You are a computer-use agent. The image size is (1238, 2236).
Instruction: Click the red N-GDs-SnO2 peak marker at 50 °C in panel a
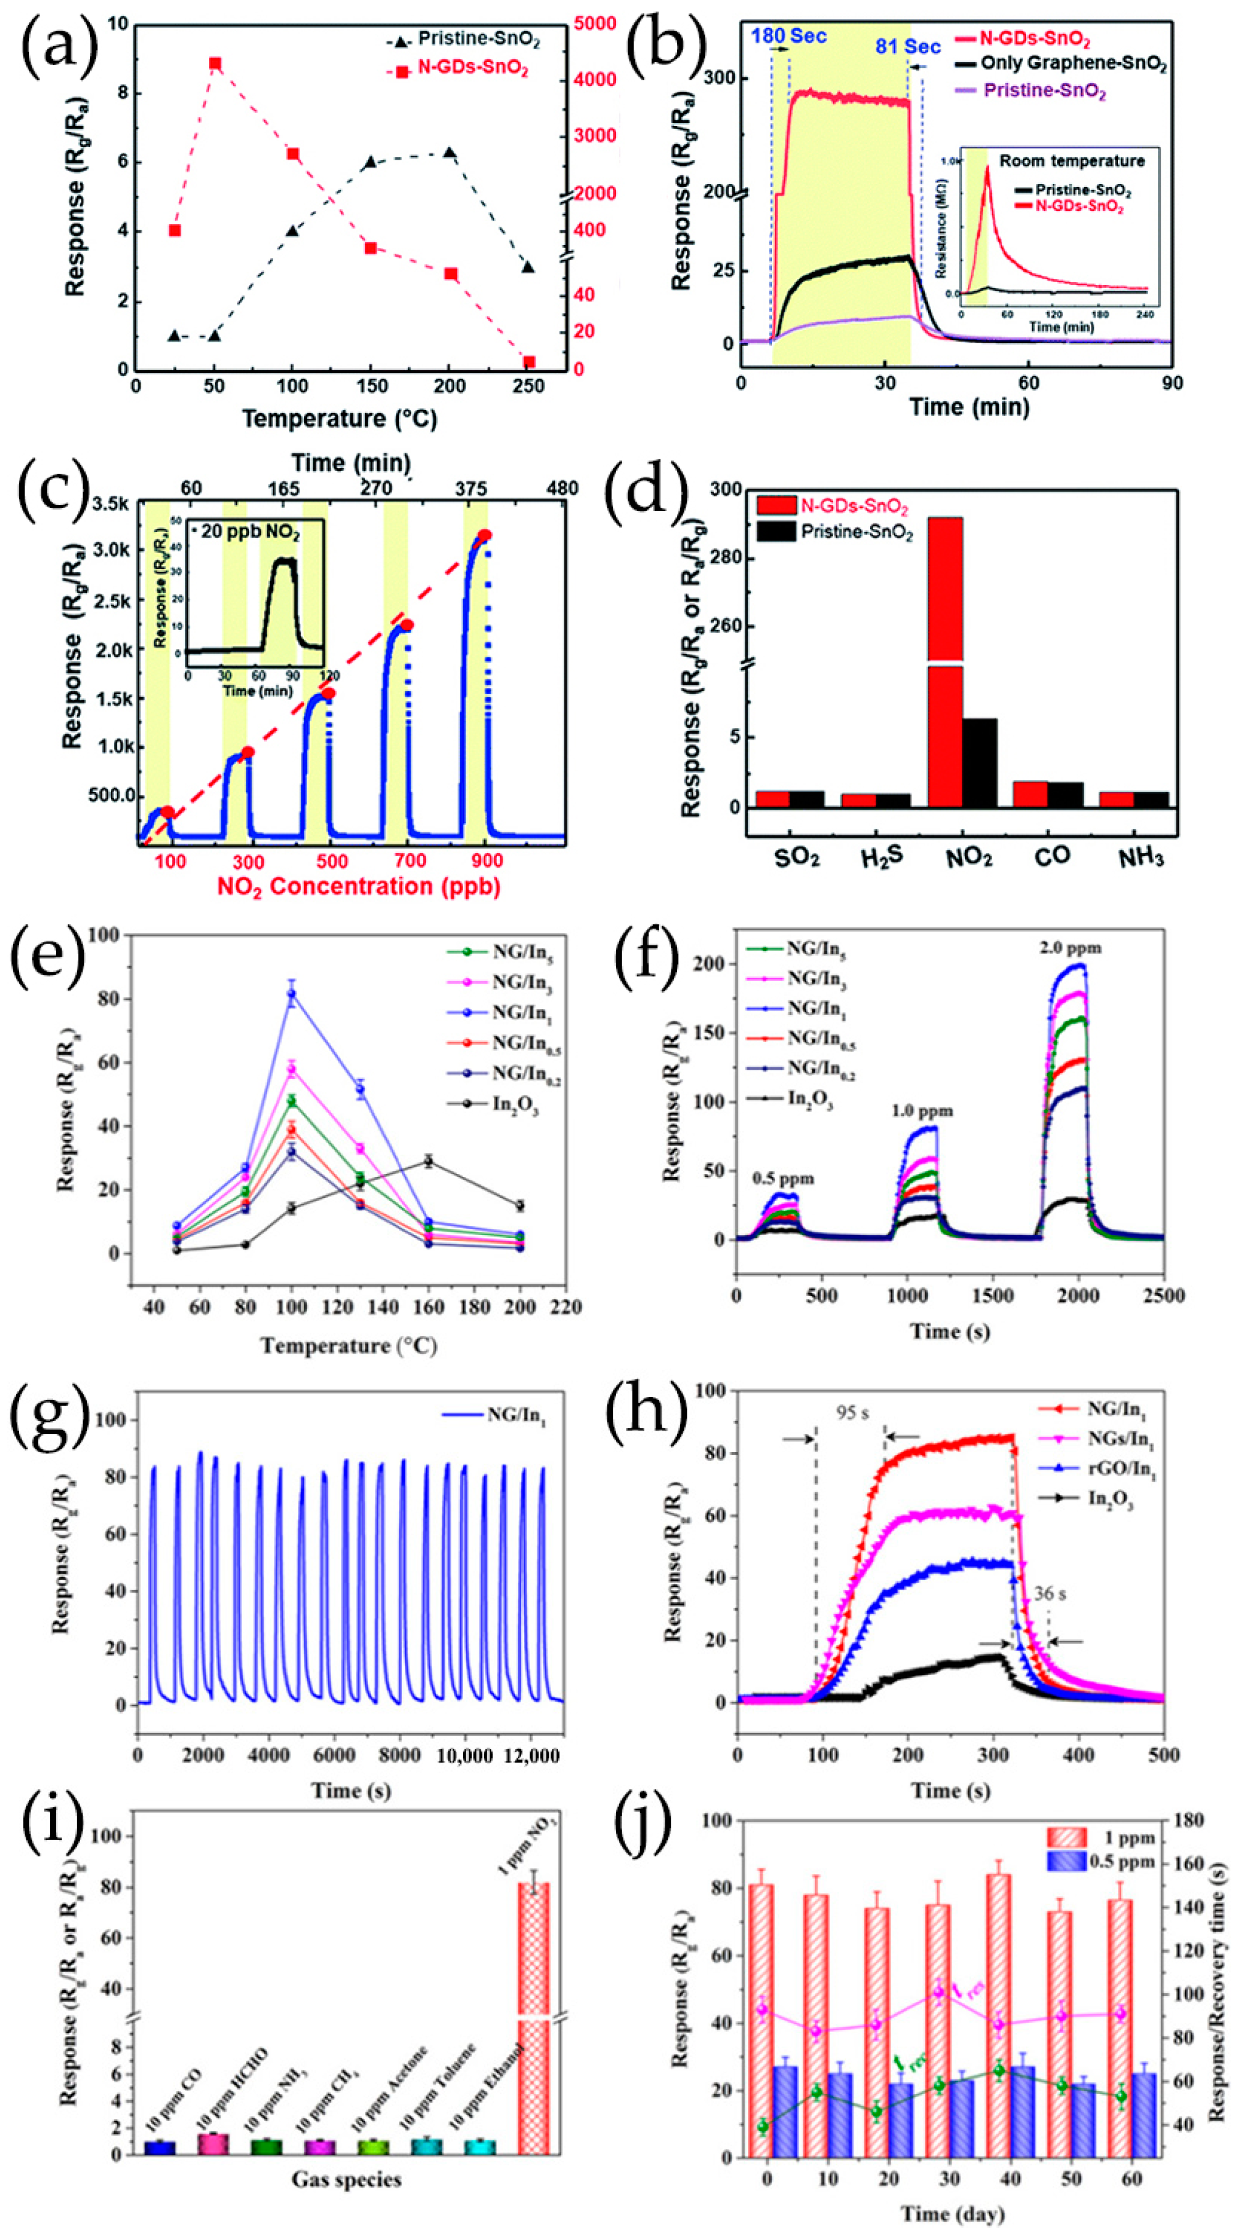pyautogui.click(x=214, y=63)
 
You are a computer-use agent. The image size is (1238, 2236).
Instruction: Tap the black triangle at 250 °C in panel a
pyautogui.click(x=528, y=266)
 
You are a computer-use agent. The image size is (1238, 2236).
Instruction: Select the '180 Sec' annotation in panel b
pyautogui.click(x=788, y=37)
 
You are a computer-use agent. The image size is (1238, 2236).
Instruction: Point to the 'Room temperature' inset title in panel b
pyautogui.click(x=1071, y=161)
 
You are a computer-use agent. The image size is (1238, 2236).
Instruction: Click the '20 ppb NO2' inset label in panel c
pyautogui.click(x=250, y=532)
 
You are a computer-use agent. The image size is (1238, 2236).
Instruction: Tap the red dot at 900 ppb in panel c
pyautogui.click(x=484, y=536)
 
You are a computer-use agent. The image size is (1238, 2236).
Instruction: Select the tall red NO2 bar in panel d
pyautogui.click(x=946, y=660)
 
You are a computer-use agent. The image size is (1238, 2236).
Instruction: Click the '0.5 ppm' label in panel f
pyautogui.click(x=783, y=1179)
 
